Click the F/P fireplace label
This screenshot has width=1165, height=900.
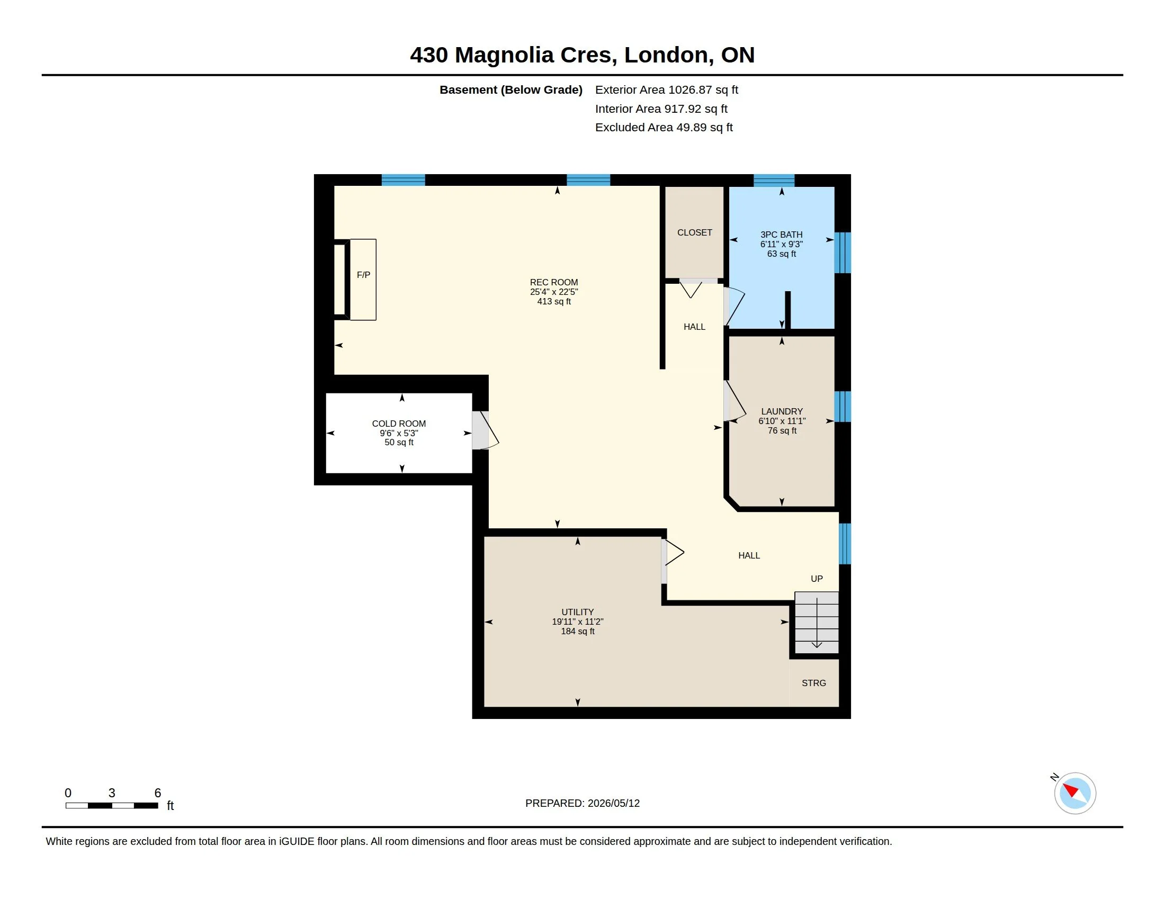click(x=363, y=275)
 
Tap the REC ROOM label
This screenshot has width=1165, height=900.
click(x=554, y=283)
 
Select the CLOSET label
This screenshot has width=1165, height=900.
click(x=695, y=232)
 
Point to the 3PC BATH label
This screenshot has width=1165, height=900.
click(x=782, y=235)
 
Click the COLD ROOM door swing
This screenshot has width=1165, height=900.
click(x=487, y=430)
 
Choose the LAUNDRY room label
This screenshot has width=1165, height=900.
click(x=782, y=411)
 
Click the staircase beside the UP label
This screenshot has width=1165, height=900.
click(x=817, y=622)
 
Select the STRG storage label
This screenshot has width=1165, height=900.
click(x=814, y=683)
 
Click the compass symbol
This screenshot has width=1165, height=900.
click(x=1075, y=793)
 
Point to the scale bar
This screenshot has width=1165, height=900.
click(x=112, y=806)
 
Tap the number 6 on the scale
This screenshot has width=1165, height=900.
click(x=158, y=793)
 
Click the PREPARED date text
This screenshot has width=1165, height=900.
click(x=582, y=804)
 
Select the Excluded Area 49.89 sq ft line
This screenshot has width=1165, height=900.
click(x=664, y=128)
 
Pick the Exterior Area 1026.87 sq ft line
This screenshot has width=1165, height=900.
click(x=667, y=89)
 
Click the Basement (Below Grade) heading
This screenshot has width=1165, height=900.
click(x=511, y=89)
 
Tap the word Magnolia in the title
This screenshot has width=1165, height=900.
click(x=504, y=56)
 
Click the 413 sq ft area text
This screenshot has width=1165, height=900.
click(x=554, y=302)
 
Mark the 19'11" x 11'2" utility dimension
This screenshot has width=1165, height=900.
click(x=578, y=622)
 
